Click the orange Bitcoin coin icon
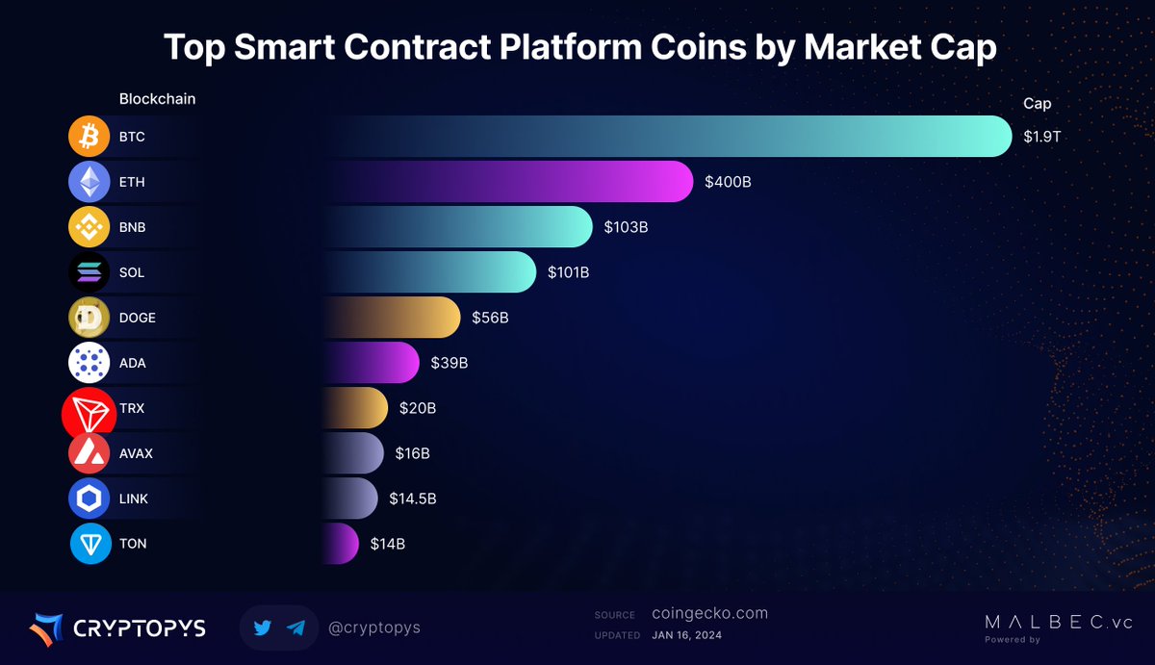(89, 137)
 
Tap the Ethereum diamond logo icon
(89, 182)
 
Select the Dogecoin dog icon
(89, 318)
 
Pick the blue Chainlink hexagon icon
(89, 499)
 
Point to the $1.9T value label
(1041, 137)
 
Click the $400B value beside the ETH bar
(728, 182)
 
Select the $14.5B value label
(413, 499)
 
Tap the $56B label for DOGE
(490, 318)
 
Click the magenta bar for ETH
(577, 182)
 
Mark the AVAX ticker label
(136, 453)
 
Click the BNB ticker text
(132, 227)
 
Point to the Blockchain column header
(157, 99)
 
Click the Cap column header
(1037, 103)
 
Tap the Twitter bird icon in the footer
(263, 627)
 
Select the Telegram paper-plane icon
(296, 627)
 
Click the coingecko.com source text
(709, 614)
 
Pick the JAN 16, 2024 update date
(686, 635)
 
